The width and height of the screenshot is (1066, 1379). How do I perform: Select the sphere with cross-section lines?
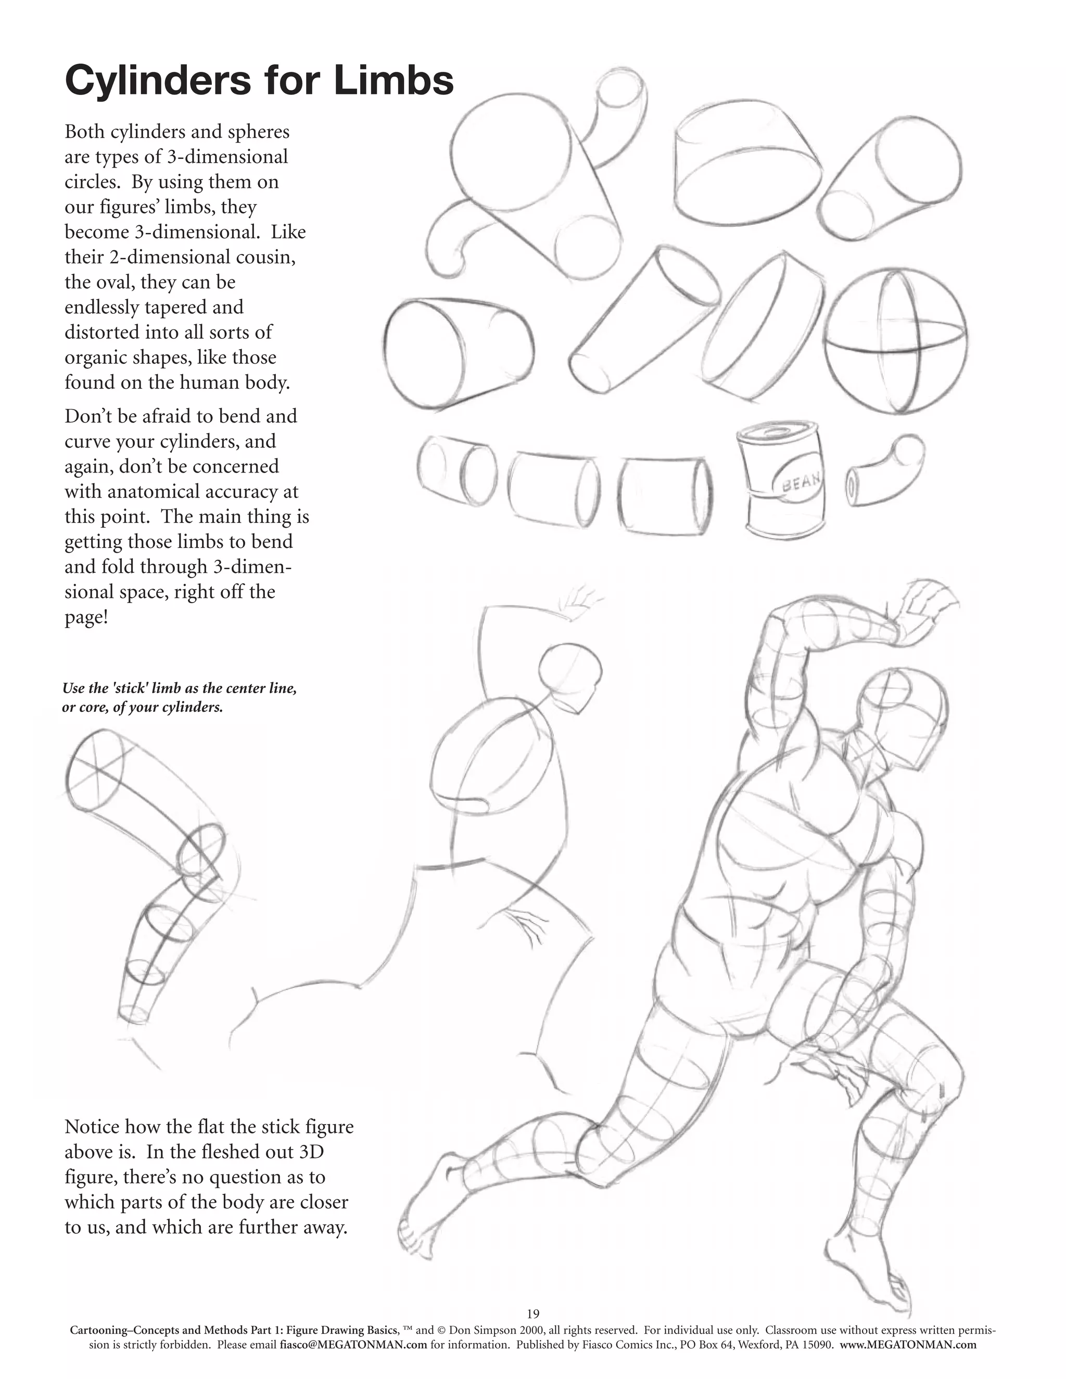pyautogui.click(x=895, y=341)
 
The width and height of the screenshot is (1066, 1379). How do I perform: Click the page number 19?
pyautogui.click(x=533, y=1314)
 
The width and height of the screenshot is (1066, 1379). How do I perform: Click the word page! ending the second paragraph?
pyautogui.click(x=86, y=617)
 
